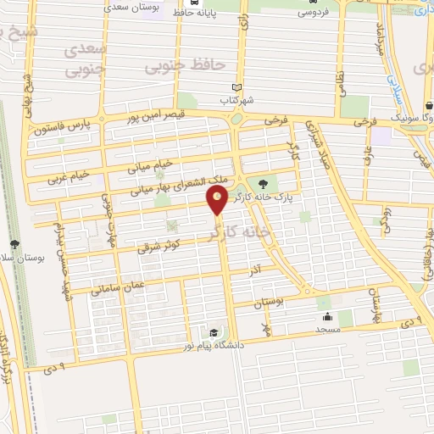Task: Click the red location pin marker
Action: (218, 201)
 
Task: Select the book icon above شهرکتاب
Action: (236, 87)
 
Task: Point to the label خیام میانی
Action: (150, 165)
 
